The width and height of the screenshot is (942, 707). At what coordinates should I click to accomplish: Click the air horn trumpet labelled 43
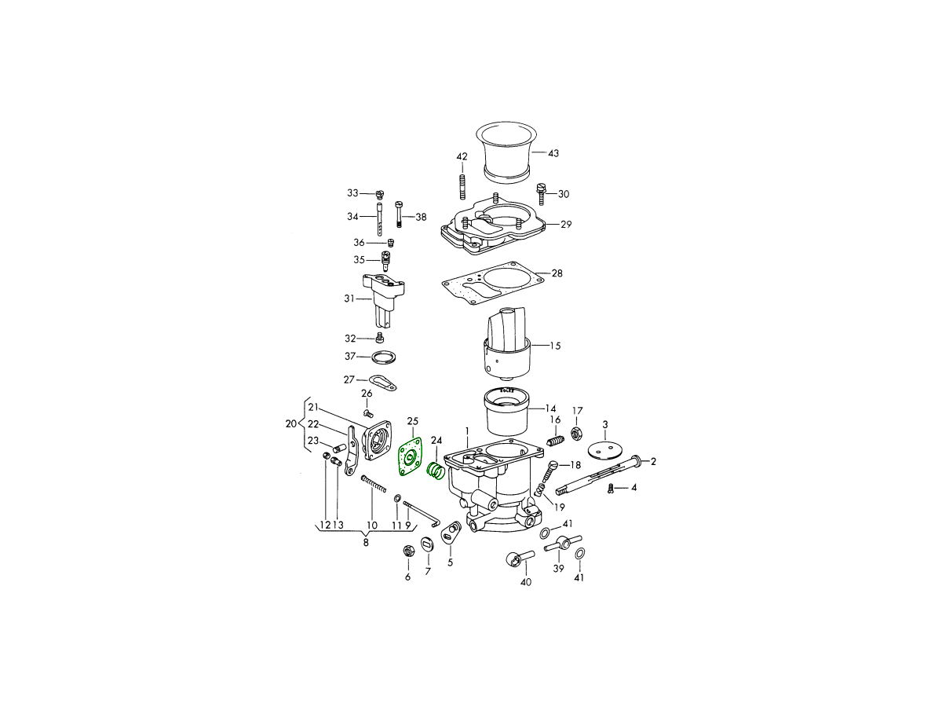[x=507, y=152]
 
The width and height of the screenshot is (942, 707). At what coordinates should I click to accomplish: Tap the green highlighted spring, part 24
[x=435, y=471]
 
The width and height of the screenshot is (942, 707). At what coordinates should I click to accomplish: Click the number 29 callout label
[x=566, y=224]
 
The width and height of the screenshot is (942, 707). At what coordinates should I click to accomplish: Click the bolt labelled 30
[x=541, y=194]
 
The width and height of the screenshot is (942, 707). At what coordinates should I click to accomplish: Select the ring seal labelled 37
[x=383, y=357]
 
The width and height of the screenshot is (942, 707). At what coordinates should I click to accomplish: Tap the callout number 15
[x=555, y=346]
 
